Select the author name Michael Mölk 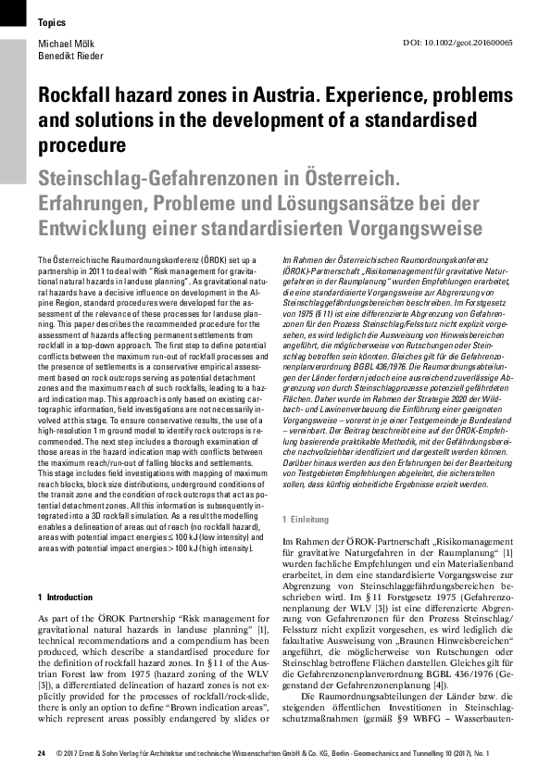pyautogui.click(x=67, y=43)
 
